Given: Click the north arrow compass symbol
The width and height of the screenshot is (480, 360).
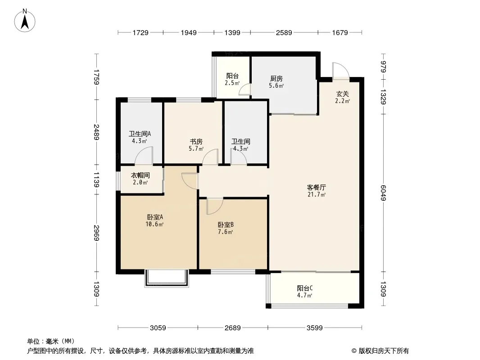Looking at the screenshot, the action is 25,21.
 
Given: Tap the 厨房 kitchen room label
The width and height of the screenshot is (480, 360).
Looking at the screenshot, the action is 276,79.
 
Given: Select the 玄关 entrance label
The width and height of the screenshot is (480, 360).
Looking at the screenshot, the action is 342,94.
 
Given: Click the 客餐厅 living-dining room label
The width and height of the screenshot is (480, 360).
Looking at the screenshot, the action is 317,187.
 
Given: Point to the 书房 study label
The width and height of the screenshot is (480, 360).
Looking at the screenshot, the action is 196,142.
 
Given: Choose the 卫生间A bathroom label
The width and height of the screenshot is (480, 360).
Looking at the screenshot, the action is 140,134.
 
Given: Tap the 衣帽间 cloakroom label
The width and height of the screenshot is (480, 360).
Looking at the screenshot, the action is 140,175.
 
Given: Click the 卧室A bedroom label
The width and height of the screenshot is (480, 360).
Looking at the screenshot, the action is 155,217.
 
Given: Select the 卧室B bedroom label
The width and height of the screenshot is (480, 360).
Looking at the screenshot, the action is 226,225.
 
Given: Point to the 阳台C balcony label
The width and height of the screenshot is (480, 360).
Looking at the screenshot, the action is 305,288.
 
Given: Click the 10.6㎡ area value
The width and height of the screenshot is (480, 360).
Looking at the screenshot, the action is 154,224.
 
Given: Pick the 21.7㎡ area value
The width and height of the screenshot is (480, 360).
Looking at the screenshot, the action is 317,194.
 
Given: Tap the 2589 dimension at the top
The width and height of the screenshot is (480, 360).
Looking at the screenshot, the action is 284,32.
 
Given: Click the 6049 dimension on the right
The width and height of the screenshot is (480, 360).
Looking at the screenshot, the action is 383,193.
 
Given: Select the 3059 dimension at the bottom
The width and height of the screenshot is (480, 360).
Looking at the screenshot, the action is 158,328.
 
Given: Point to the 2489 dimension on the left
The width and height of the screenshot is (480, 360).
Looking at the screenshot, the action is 96,132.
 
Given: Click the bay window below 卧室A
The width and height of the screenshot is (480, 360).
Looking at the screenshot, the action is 167,278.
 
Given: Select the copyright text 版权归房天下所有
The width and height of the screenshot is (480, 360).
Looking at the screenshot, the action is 384,351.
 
